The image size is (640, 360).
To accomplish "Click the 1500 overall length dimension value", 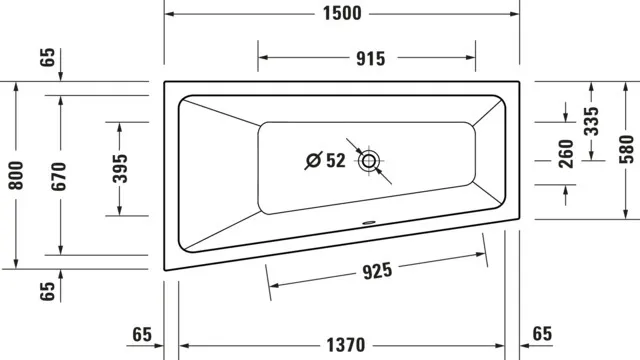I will [342, 14].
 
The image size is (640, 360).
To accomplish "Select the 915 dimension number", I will [369, 58].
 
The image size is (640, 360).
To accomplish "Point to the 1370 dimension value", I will [342, 345].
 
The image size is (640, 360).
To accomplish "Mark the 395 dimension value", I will [119, 169].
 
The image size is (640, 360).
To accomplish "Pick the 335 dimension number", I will [591, 121].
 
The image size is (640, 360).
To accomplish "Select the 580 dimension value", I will [626, 149].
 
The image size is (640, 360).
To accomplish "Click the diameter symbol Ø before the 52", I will [312, 160].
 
